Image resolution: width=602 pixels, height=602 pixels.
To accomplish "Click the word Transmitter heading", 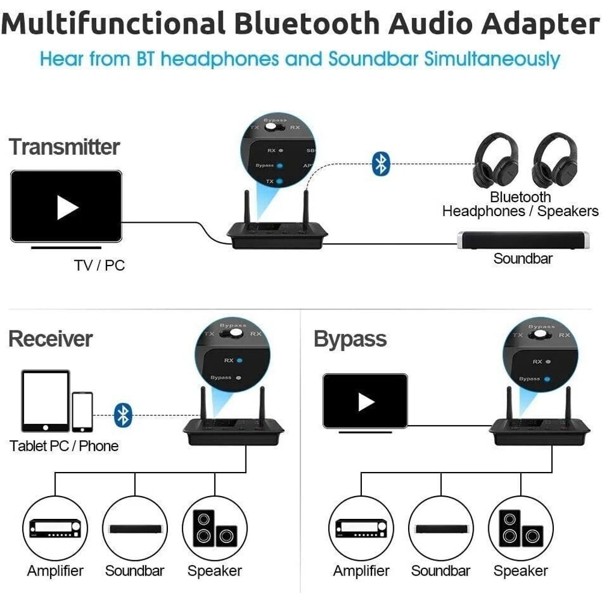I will [x=64, y=147].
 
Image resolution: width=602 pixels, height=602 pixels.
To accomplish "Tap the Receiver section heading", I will [x=51, y=339].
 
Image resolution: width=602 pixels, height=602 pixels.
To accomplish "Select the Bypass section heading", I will [x=350, y=339].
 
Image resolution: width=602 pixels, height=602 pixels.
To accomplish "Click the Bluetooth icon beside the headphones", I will [x=380, y=163].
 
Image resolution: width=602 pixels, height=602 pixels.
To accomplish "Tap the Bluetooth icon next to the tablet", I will [x=123, y=415].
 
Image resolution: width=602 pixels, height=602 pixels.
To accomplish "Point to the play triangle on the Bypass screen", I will [x=365, y=402].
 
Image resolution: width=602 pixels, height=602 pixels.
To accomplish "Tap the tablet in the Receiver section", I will [x=46, y=401].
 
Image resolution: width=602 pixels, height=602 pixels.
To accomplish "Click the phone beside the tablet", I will [x=82, y=412].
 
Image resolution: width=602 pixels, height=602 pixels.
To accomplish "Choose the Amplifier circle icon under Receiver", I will [x=55, y=528].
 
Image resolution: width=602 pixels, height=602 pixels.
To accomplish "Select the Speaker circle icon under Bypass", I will [x=520, y=528].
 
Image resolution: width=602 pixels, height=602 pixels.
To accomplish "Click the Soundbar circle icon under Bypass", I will [x=441, y=528].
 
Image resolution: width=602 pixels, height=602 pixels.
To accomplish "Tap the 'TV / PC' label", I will [x=99, y=265].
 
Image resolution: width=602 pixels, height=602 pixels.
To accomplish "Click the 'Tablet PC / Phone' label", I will [x=64, y=446].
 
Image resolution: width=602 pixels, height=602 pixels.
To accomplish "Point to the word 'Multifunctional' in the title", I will [x=114, y=25].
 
